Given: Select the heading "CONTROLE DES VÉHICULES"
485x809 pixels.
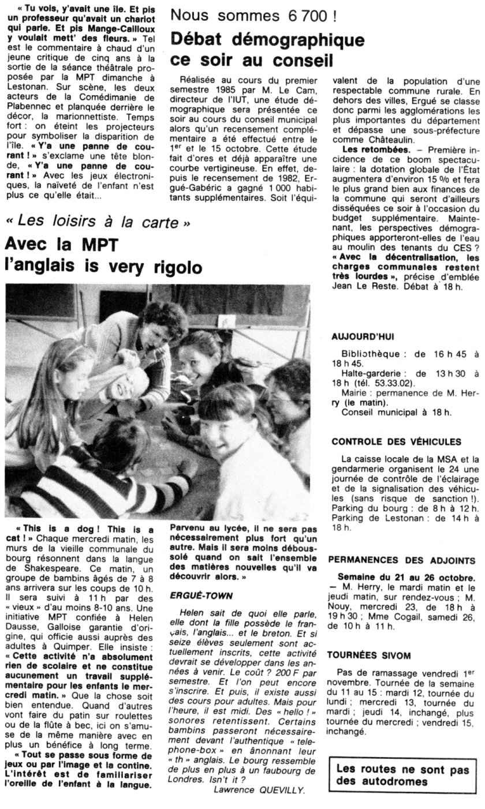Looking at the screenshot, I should (397, 442).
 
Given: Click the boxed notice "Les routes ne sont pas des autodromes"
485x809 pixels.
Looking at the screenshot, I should (403, 775).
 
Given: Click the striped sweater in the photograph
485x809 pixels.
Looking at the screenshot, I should (87, 490).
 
